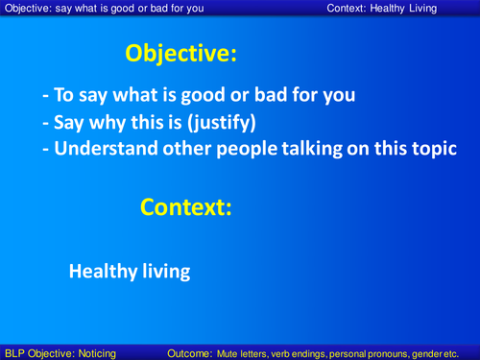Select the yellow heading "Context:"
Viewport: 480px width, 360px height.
[x=186, y=206]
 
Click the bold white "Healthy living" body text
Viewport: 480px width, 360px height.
[x=129, y=271]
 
